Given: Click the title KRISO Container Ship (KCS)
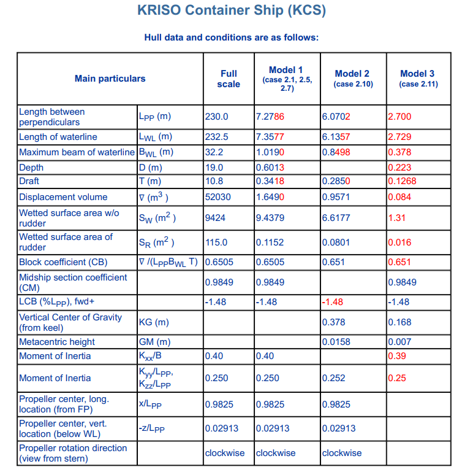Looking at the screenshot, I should (x=231, y=10).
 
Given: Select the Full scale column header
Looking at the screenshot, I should (x=229, y=79).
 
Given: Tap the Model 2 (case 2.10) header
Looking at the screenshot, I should (x=352, y=79).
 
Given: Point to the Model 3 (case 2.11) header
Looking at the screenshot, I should (x=418, y=79).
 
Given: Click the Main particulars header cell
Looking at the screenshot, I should (x=110, y=79).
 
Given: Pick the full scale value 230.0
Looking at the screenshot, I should (x=216, y=117).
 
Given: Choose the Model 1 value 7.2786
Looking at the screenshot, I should (x=270, y=117).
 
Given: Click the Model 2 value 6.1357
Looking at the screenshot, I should (x=336, y=137).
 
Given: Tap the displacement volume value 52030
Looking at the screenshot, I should (x=217, y=197).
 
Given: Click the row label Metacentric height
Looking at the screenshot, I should (x=57, y=342).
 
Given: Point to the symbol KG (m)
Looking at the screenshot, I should (x=154, y=322).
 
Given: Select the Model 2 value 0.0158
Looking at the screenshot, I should (x=336, y=342).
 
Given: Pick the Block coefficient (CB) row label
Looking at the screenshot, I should (x=63, y=263).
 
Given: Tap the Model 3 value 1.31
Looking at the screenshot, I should (x=397, y=218).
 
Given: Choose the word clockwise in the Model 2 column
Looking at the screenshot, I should (x=342, y=453).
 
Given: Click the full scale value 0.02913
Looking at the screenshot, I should (x=222, y=428).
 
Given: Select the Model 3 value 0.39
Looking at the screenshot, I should (x=397, y=356).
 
